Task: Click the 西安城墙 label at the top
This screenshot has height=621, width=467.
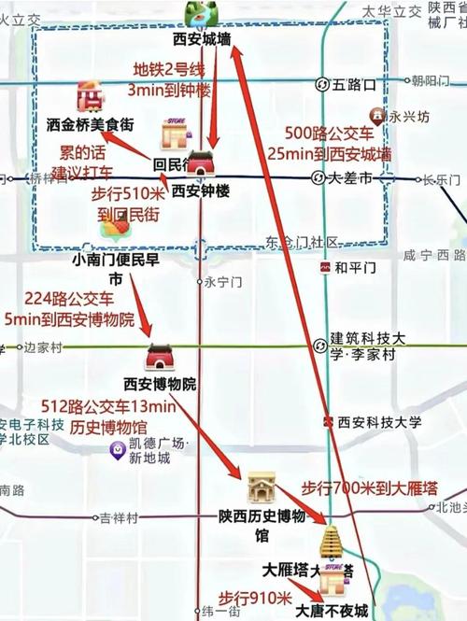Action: coord(202,39)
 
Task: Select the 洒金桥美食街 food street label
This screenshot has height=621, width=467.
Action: coord(91,122)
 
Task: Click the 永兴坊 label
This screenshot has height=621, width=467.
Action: coord(408,118)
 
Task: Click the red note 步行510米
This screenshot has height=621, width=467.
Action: coord(128,194)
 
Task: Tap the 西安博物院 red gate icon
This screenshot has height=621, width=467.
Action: coord(160,356)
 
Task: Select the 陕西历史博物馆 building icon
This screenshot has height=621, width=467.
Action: coord(262,487)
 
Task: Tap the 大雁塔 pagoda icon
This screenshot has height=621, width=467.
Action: coord(332,542)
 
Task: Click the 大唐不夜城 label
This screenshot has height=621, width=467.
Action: coord(332,611)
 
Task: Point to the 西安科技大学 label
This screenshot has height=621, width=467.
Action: coord(380,421)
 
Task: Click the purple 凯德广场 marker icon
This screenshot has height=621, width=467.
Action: coord(118,450)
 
